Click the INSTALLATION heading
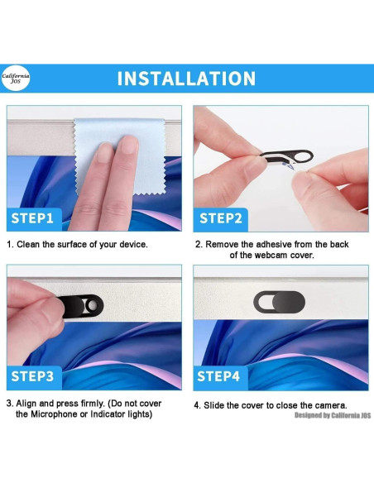click(186, 79)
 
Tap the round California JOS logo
click(16, 78)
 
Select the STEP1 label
click(32, 218)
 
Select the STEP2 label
click(221, 218)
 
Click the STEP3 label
click(32, 376)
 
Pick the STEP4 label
click(218, 376)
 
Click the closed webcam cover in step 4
click(280, 302)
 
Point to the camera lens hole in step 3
click(93, 305)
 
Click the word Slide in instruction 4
click(213, 405)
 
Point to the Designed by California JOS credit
click(333, 415)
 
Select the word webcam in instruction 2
click(270, 256)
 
